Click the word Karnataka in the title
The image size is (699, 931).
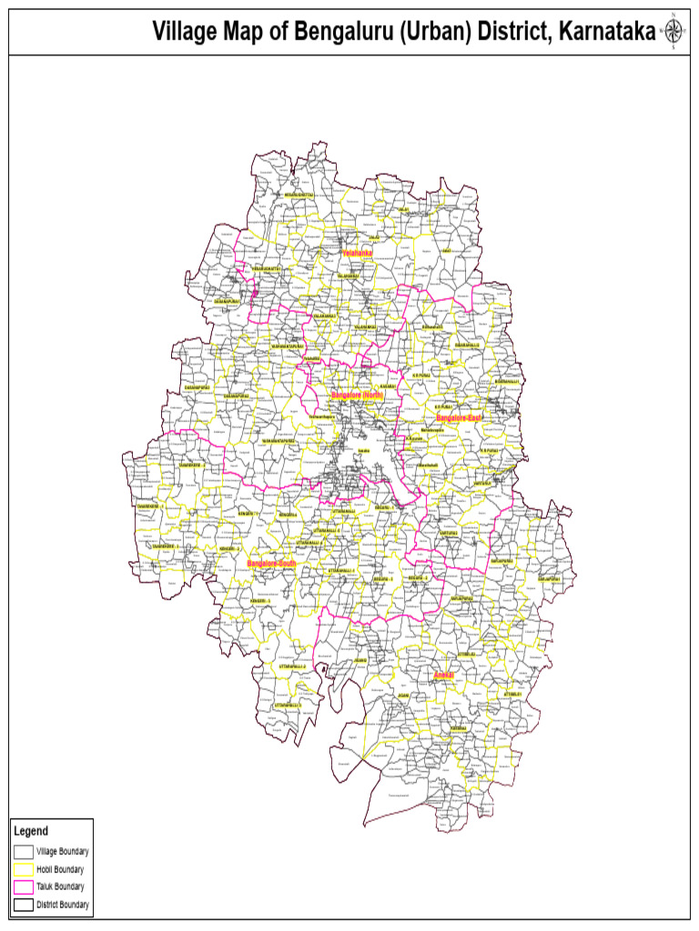(606, 33)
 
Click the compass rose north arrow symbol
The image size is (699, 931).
(674, 32)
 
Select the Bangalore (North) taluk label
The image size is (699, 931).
(356, 396)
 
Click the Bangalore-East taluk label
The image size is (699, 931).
(459, 418)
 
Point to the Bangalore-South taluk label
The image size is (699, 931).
(272, 564)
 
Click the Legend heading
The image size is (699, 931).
(30, 831)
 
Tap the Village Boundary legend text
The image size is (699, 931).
(62, 852)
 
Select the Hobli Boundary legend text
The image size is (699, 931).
(60, 869)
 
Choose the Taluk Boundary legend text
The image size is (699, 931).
(60, 886)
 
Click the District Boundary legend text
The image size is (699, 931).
(63, 905)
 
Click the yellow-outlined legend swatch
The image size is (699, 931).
(23, 869)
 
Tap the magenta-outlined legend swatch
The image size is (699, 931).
(23, 886)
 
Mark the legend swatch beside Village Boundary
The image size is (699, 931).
(23, 852)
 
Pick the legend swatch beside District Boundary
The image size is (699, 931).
(23, 905)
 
